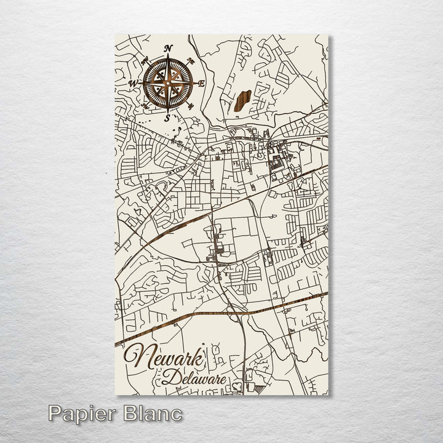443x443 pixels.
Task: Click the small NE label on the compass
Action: (191, 60)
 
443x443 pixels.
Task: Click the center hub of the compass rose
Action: (168, 83)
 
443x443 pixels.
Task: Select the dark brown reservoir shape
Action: (241, 100)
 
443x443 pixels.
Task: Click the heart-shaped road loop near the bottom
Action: (237, 387)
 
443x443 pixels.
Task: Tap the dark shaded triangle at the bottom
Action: (258, 388)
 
